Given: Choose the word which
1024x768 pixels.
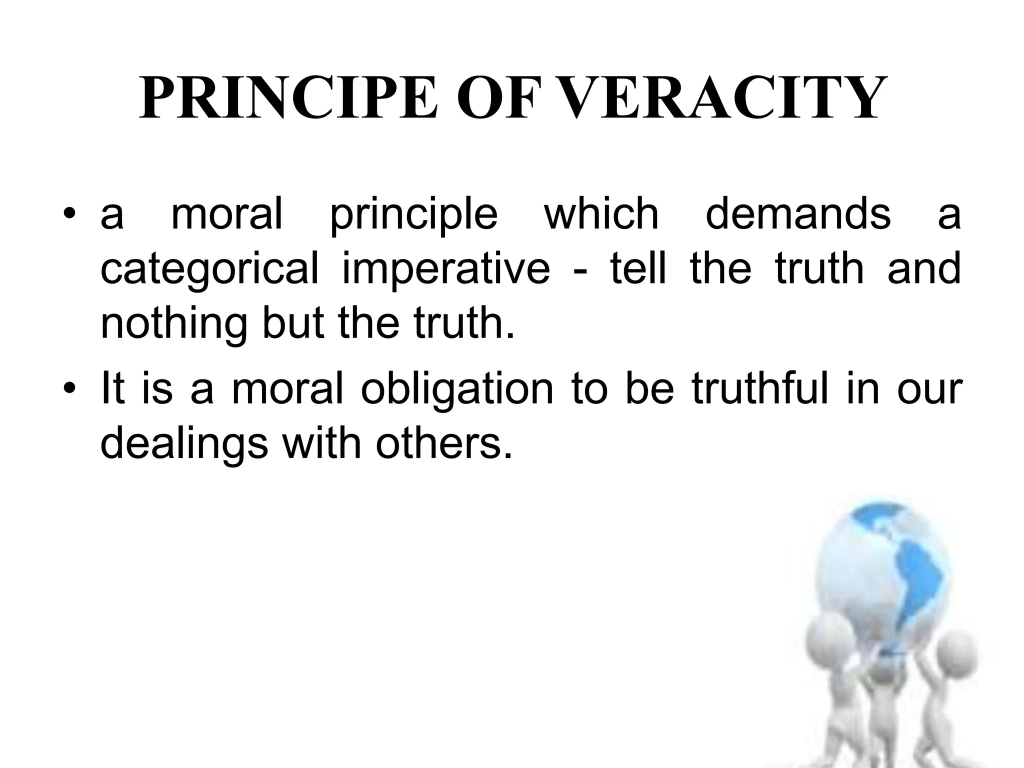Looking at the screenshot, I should click(601, 213).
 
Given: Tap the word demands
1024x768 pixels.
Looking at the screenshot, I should click(798, 213).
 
